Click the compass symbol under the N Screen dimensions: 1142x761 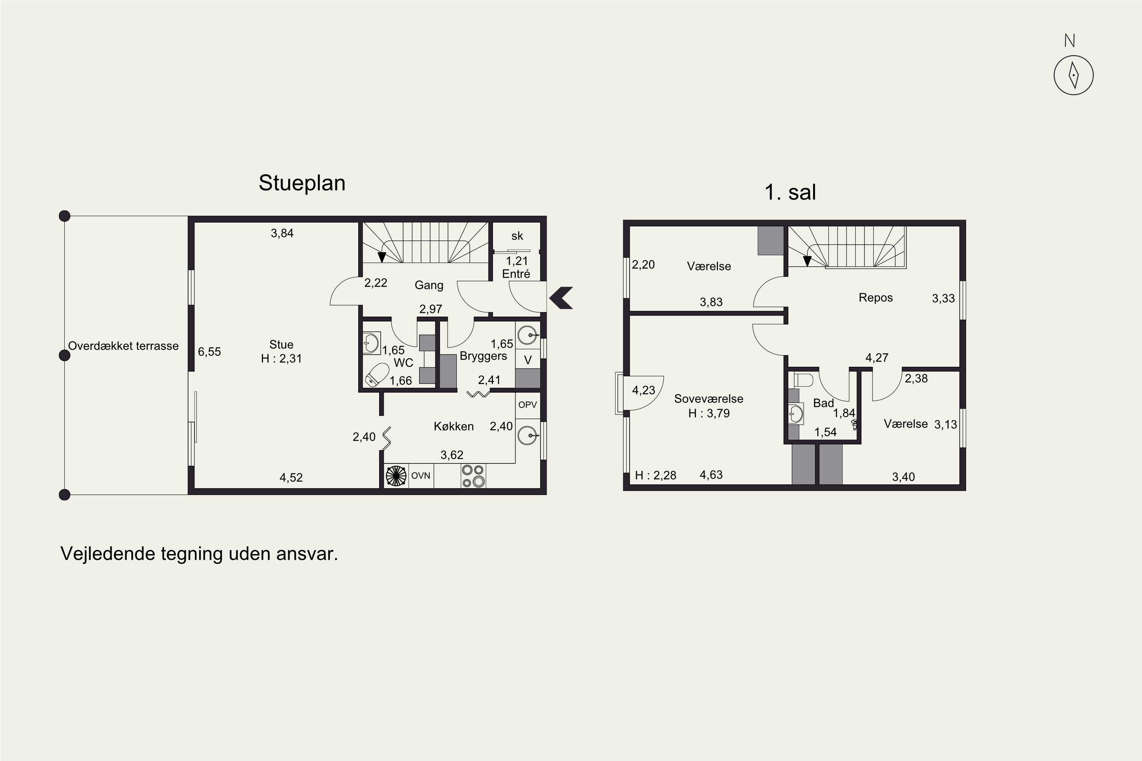[x=1073, y=75]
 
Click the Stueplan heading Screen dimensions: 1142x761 [x=302, y=183]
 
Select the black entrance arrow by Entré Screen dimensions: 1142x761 [x=561, y=298]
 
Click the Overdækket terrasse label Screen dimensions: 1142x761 [x=123, y=346]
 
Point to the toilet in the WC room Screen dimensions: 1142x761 [x=377, y=375]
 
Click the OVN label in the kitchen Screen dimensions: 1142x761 [x=421, y=476]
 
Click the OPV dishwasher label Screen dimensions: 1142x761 [x=527, y=405]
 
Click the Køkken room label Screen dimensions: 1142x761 [x=453, y=426]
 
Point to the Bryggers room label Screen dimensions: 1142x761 [x=483, y=356]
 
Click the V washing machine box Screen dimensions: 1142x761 [x=528, y=360]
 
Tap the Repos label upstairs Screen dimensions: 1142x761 [x=876, y=298]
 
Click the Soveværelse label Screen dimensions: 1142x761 [x=708, y=399]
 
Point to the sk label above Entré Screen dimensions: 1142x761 [x=517, y=236]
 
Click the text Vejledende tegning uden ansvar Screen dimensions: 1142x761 [x=199, y=553]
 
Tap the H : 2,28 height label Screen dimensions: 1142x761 [x=656, y=475]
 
